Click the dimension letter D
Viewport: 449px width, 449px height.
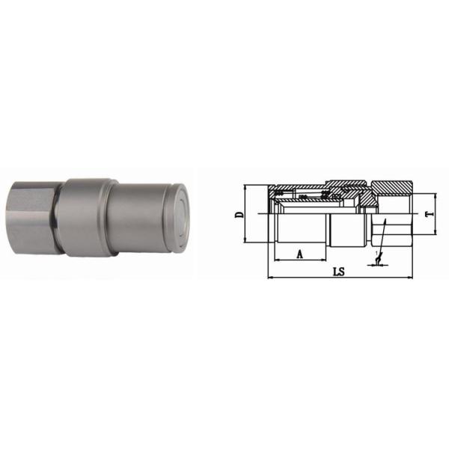pyautogui.click(x=239, y=214)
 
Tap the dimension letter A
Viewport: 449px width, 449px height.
pyautogui.click(x=300, y=254)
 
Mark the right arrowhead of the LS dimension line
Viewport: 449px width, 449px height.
pyautogui.click(x=411, y=278)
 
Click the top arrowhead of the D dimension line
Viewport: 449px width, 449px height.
pyautogui.click(x=247, y=186)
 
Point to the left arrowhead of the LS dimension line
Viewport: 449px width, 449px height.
pyautogui.click(x=269, y=278)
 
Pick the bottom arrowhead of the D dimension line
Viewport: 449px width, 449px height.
pyautogui.click(x=247, y=241)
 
